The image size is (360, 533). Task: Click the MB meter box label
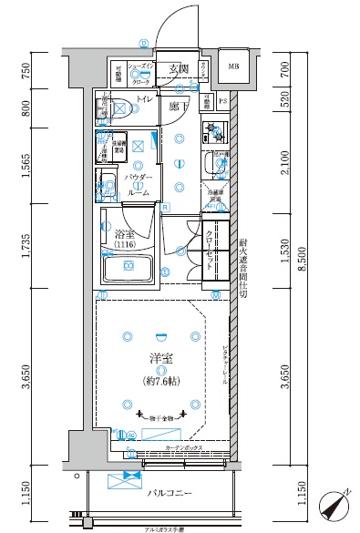233,67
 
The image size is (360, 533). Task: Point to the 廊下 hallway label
178,108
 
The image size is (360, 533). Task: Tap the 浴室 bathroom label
126,234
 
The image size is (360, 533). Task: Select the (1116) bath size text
126,246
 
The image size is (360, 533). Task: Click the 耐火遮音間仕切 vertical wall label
243,270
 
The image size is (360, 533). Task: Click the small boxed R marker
164,208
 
